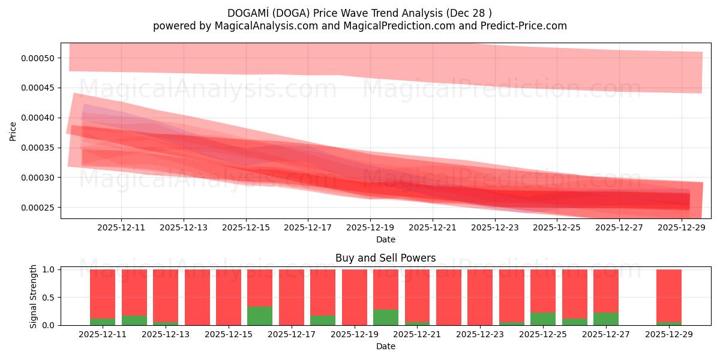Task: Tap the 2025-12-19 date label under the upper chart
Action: click(370, 227)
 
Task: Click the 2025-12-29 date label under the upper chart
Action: click(682, 227)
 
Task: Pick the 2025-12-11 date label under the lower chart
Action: click(103, 334)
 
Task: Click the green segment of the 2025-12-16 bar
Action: click(260, 316)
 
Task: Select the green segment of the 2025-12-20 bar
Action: click(386, 317)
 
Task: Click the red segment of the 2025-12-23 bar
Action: click(480, 297)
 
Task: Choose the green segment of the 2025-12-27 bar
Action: click(606, 319)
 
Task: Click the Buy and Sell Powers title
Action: click(385, 259)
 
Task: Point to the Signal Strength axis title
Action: click(34, 296)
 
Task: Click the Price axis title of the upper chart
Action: click(13, 131)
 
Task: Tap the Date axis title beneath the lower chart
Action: click(385, 346)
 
